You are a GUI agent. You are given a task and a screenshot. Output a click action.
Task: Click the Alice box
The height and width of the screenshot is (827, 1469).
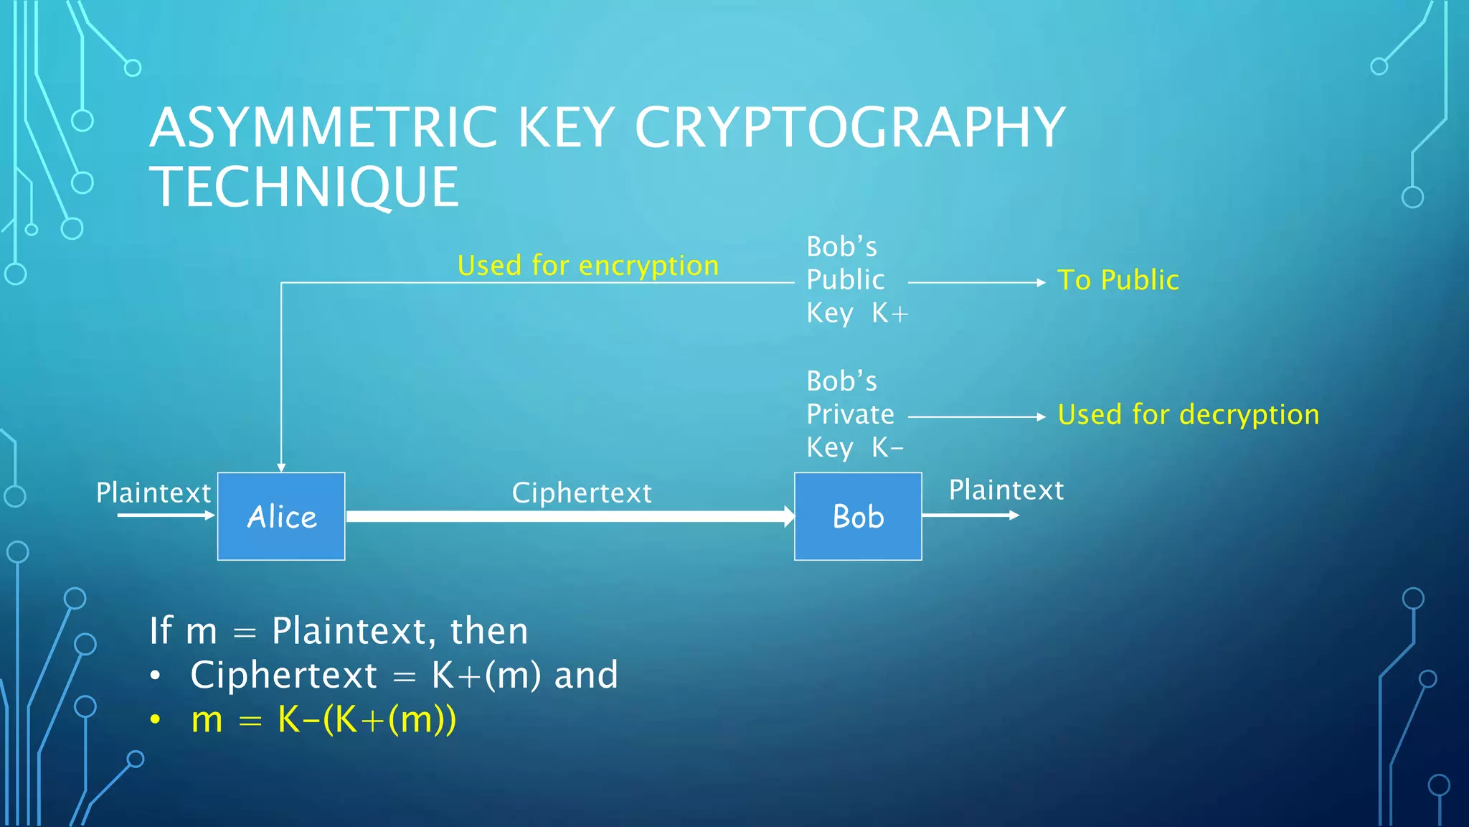click(281, 516)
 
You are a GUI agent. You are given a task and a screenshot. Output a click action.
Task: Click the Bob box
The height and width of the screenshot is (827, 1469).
click(858, 516)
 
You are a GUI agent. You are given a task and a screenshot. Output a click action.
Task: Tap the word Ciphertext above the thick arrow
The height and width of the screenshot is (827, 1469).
click(582, 493)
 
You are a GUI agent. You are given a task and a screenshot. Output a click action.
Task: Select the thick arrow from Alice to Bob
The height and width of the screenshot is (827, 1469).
click(570, 516)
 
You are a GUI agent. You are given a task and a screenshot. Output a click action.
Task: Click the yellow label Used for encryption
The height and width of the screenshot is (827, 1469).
click(588, 266)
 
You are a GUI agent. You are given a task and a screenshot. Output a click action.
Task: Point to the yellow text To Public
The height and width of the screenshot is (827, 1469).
click(1118, 280)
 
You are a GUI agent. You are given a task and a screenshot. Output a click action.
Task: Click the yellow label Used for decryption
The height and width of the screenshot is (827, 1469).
click(1189, 415)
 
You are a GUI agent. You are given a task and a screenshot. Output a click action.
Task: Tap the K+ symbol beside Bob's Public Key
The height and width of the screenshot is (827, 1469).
click(890, 313)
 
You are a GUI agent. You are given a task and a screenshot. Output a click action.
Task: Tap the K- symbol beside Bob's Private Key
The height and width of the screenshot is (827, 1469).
click(887, 448)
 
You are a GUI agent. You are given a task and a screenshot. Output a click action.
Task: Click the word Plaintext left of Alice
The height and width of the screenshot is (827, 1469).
click(153, 493)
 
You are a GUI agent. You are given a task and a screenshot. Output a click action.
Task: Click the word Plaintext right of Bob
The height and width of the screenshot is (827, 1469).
click(1006, 490)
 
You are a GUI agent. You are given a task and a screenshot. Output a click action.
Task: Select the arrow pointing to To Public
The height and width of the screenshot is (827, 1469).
click(976, 283)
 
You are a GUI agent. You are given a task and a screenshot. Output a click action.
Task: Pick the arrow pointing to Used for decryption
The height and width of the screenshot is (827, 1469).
click(976, 416)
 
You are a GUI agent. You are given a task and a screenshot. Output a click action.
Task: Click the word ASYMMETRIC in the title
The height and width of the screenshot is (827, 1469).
click(323, 128)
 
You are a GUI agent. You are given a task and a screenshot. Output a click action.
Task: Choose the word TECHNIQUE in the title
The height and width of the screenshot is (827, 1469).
click(304, 187)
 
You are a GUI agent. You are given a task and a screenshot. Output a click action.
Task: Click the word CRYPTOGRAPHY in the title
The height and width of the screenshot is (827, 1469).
click(850, 128)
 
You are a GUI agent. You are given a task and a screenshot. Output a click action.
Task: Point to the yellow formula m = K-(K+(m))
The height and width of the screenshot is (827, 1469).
click(323, 719)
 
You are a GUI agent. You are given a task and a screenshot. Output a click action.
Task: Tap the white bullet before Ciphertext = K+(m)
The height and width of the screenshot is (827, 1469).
click(155, 676)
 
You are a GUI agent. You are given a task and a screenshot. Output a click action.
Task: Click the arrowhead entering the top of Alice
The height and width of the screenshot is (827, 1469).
click(281, 467)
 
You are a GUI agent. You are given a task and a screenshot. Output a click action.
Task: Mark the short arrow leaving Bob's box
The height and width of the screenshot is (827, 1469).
click(970, 515)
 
